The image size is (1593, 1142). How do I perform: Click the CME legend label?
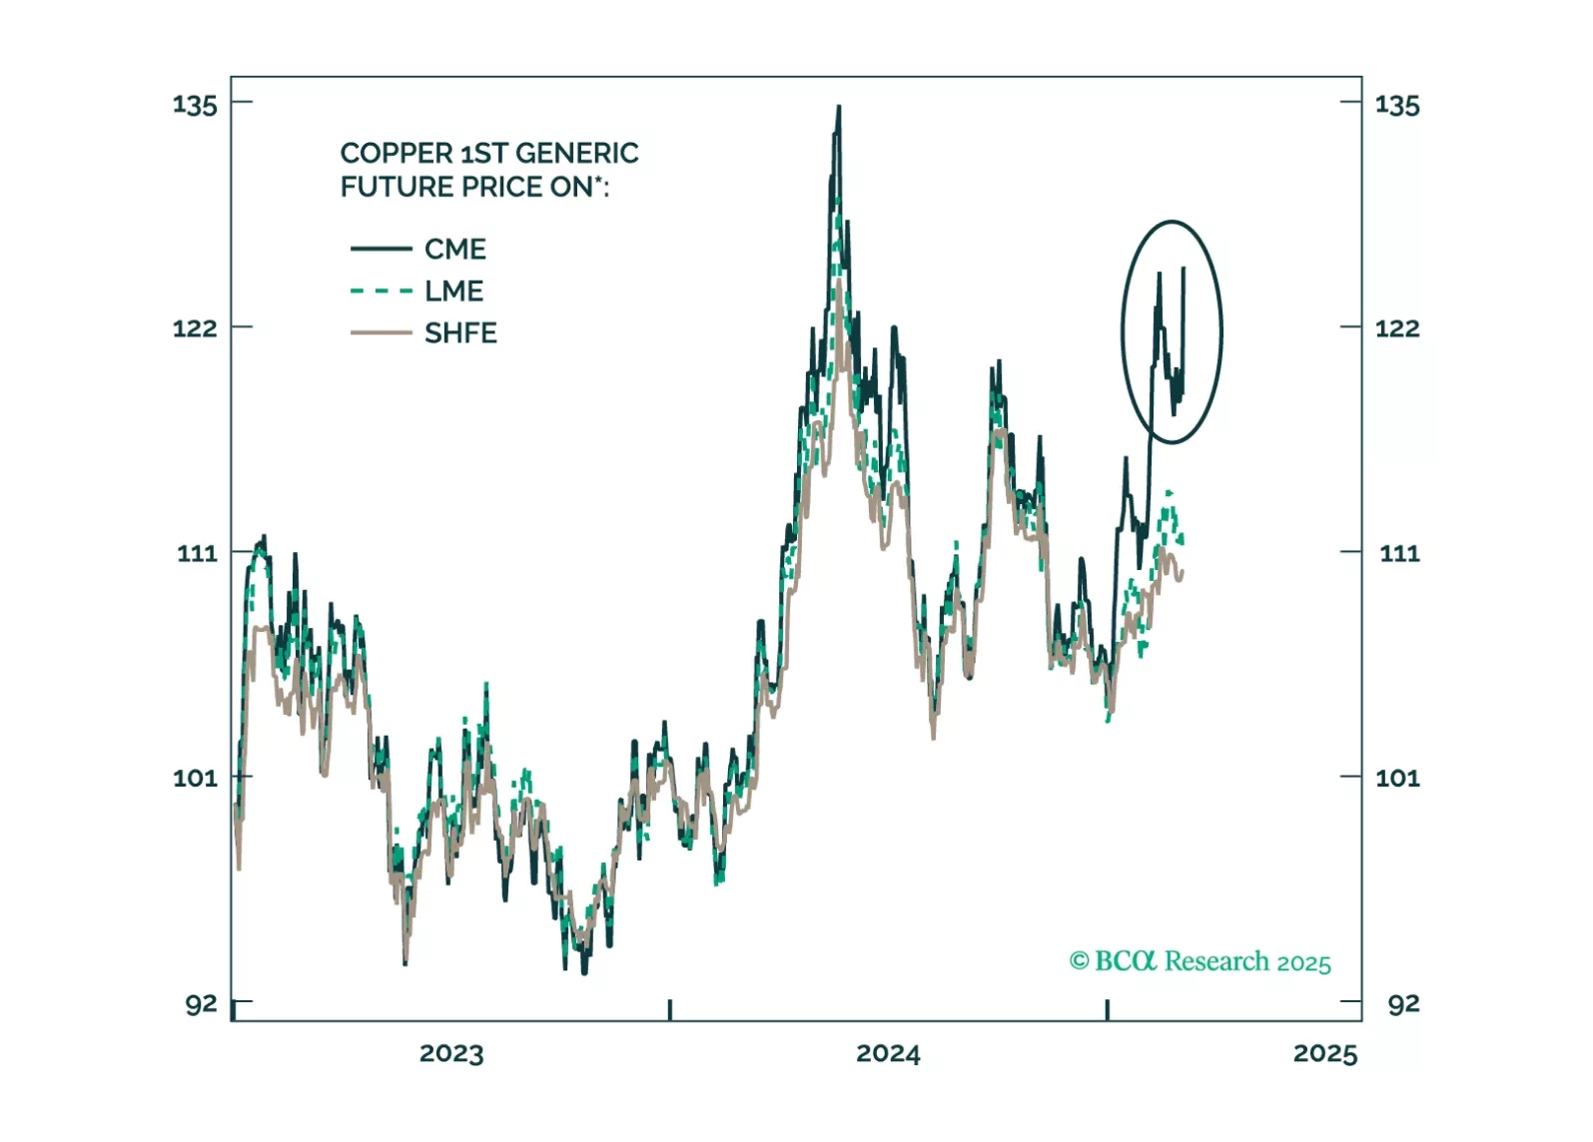[454, 249]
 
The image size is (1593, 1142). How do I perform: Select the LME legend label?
[453, 290]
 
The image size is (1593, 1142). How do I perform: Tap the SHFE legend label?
[460, 332]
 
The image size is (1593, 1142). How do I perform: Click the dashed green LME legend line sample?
[381, 291]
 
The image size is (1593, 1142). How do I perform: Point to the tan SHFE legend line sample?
[381, 332]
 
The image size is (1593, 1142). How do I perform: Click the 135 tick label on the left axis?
[195, 105]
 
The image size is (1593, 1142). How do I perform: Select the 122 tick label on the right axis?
[1396, 328]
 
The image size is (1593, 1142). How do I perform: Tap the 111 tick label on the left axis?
[197, 553]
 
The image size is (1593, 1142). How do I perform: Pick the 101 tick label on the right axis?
[1396, 778]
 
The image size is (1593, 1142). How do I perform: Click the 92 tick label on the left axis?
[201, 1004]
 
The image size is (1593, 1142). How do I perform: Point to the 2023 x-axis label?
[451, 1054]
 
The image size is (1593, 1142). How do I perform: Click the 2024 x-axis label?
[888, 1054]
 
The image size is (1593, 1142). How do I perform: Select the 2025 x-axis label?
[1325, 1054]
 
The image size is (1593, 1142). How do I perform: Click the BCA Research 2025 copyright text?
[1199, 961]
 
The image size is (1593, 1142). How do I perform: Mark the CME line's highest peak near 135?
[839, 107]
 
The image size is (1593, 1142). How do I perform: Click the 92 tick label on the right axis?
[1402, 1004]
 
